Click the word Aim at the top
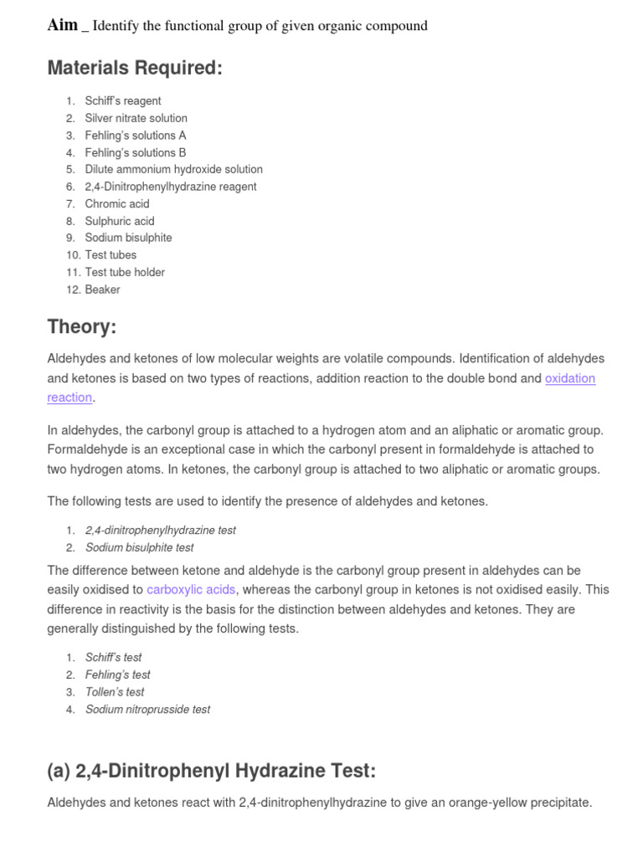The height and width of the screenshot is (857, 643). click(x=62, y=25)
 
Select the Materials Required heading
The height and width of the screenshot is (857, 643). click(x=135, y=68)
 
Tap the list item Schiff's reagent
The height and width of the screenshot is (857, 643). click(x=123, y=101)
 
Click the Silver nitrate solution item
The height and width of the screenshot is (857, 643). click(x=136, y=118)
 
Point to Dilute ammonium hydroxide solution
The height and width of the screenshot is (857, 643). click(x=173, y=169)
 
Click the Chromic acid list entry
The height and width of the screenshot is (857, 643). click(x=117, y=203)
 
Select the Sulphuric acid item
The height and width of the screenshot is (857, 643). click(x=120, y=221)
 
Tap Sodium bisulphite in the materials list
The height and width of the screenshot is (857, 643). click(x=128, y=238)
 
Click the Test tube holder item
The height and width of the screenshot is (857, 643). click(x=125, y=272)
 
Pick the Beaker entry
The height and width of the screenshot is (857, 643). click(x=102, y=290)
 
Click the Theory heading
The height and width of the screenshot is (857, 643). click(x=81, y=326)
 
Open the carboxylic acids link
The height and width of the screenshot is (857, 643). click(x=191, y=590)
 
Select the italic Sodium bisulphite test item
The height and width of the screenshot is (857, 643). click(x=139, y=547)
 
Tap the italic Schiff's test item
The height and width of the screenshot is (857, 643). click(x=113, y=658)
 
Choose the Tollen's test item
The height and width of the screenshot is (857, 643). click(x=115, y=692)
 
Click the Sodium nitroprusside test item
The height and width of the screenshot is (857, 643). click(x=147, y=710)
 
